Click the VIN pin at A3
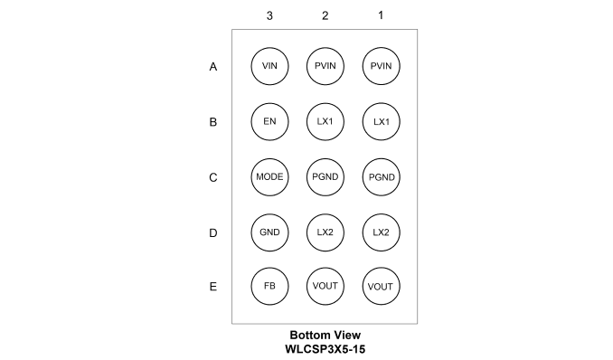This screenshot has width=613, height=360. tap(269, 66)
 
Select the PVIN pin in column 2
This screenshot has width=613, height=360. tap(325, 66)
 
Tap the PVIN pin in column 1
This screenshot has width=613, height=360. tap(382, 66)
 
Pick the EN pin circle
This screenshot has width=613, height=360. tap(269, 122)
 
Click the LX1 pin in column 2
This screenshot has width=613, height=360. tap(325, 122)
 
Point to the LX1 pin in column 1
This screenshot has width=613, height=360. tap(382, 122)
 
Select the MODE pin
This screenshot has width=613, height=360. tap(269, 177)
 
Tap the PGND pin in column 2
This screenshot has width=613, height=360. tap(325, 177)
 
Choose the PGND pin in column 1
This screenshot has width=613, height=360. tap(382, 177)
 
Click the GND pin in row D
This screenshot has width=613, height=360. tap(269, 232)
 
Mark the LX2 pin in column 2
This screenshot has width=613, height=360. tap(325, 232)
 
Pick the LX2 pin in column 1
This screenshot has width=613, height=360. tap(382, 232)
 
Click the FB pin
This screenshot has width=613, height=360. tap(269, 287)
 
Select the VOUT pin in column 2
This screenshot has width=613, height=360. tap(325, 287)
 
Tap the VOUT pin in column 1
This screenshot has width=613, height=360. tap(382, 287)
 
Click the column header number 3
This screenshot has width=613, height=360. tap(269, 15)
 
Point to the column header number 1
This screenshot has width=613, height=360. tap(381, 15)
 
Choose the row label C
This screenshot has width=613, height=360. tap(213, 177)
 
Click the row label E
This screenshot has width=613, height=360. tap(213, 287)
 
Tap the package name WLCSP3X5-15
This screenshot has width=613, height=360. tap(325, 349)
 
